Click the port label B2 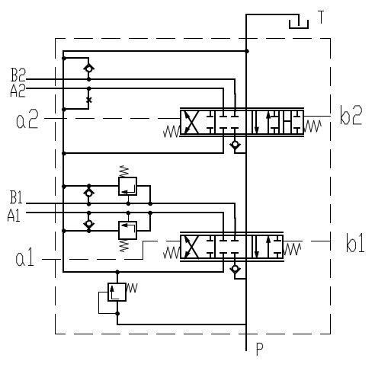(x=18, y=75)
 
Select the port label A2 (x=18, y=91)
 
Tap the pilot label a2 (x=27, y=119)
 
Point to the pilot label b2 (x=351, y=115)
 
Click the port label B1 (x=16, y=197)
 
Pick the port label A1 (x=14, y=216)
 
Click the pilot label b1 (x=355, y=243)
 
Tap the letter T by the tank (x=321, y=17)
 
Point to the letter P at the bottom (x=260, y=349)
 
